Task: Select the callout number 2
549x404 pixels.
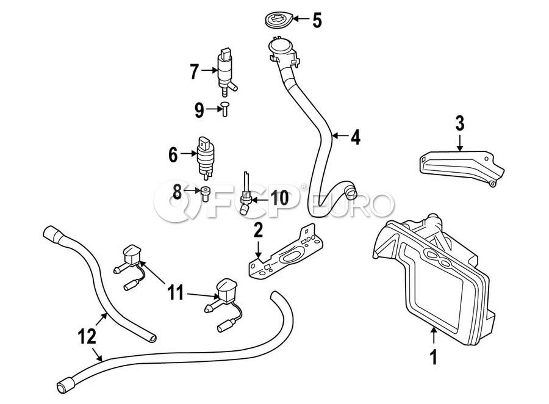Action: (x=258, y=230)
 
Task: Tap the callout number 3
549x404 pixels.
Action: (x=459, y=123)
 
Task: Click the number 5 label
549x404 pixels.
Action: (x=317, y=21)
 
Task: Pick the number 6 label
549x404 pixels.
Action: (x=173, y=155)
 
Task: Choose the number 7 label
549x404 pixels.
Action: (x=195, y=73)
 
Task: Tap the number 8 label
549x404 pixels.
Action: (x=178, y=193)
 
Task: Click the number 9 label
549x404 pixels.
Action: (x=199, y=110)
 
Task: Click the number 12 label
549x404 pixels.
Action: (x=87, y=335)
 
